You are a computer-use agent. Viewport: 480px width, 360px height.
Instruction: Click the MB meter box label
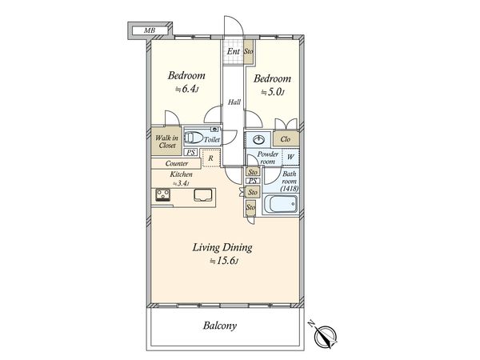[150, 30]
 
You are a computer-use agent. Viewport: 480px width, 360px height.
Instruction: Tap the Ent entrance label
[234, 51]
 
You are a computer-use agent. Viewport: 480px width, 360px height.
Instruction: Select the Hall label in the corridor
[234, 102]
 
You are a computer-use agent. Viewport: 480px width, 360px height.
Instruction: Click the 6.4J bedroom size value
[187, 89]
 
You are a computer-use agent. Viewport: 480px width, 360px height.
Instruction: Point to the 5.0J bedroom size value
[273, 92]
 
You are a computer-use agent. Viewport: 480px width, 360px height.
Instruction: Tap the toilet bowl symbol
[193, 138]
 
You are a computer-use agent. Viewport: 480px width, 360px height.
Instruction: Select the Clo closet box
[286, 139]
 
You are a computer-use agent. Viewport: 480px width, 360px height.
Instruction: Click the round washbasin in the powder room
[259, 139]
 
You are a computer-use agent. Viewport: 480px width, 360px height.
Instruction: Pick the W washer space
[290, 158]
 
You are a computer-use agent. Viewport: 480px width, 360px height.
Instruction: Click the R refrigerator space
[211, 158]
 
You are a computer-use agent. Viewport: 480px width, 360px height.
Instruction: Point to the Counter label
[177, 163]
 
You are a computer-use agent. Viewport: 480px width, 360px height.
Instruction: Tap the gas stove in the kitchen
[163, 194]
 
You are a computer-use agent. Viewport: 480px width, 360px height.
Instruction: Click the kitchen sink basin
[203, 195]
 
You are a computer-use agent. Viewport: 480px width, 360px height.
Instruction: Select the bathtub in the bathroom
[281, 204]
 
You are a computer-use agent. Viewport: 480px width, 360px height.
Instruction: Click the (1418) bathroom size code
[290, 189]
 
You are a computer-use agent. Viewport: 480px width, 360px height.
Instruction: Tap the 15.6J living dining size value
[224, 261]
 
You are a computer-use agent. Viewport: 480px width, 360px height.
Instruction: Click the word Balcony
[220, 325]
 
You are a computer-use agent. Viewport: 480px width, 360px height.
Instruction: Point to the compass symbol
[325, 337]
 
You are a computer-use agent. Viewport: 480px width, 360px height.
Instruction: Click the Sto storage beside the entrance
[249, 52]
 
